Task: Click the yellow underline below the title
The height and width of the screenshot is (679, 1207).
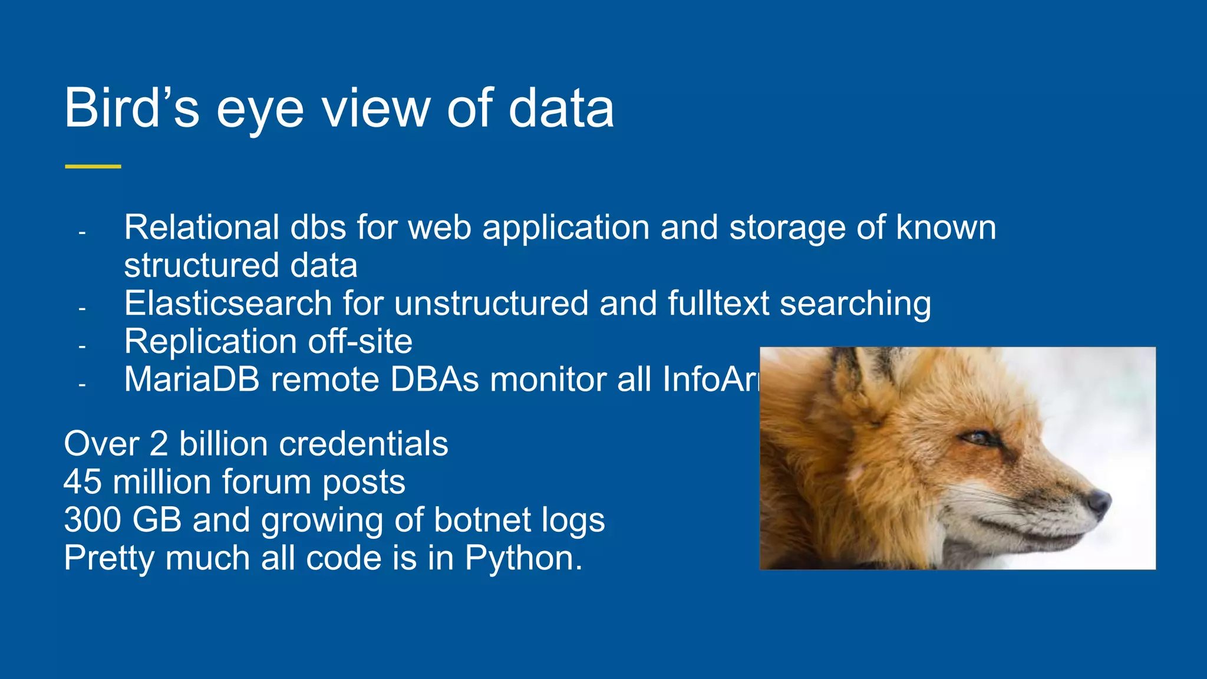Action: coord(93,167)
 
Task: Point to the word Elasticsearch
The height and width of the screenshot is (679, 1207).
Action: coord(228,304)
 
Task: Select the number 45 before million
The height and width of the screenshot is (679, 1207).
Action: coord(83,482)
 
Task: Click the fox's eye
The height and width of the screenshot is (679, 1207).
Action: coord(978,438)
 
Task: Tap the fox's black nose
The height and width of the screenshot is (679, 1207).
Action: coord(1099,500)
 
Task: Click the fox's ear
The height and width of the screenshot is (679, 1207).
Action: coord(866,368)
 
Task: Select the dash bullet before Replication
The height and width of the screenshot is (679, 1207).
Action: coord(82,347)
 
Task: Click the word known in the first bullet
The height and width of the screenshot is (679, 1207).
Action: coord(945,228)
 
